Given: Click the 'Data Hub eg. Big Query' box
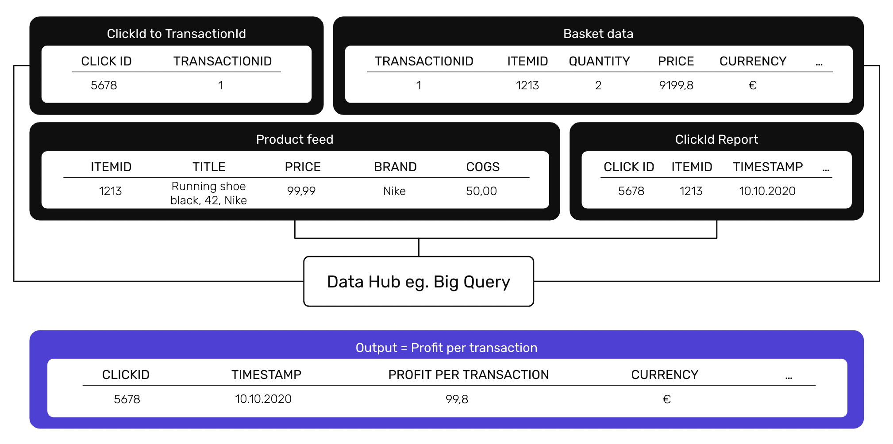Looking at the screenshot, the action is tap(419, 281).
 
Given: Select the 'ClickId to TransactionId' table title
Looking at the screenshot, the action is tap(176, 34).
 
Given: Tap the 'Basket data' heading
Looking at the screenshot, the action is tap(598, 34).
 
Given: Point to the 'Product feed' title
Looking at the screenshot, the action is tap(295, 139).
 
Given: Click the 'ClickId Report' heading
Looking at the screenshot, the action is tap(716, 139).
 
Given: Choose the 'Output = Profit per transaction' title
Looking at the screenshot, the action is tap(446, 348).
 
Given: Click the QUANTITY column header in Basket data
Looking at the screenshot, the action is tap(599, 61).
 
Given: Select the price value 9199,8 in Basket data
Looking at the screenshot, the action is tap(676, 85).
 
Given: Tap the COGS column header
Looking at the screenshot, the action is tap(483, 167).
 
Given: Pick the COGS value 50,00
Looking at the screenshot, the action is tap(481, 191).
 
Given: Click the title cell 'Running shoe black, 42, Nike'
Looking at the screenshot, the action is tap(208, 193).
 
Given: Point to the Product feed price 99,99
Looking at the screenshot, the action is tap(301, 191).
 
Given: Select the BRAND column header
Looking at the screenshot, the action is tap(395, 167).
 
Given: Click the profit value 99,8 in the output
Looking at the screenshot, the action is tap(457, 399).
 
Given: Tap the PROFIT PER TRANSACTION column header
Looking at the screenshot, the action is tap(468, 375).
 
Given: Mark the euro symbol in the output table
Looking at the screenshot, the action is tap(667, 399).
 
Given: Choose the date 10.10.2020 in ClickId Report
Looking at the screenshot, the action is tap(767, 191).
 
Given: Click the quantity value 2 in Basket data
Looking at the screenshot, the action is tap(598, 85).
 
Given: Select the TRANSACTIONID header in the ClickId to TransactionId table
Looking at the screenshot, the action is tap(223, 61).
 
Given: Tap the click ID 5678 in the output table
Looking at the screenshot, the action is tap(127, 399).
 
